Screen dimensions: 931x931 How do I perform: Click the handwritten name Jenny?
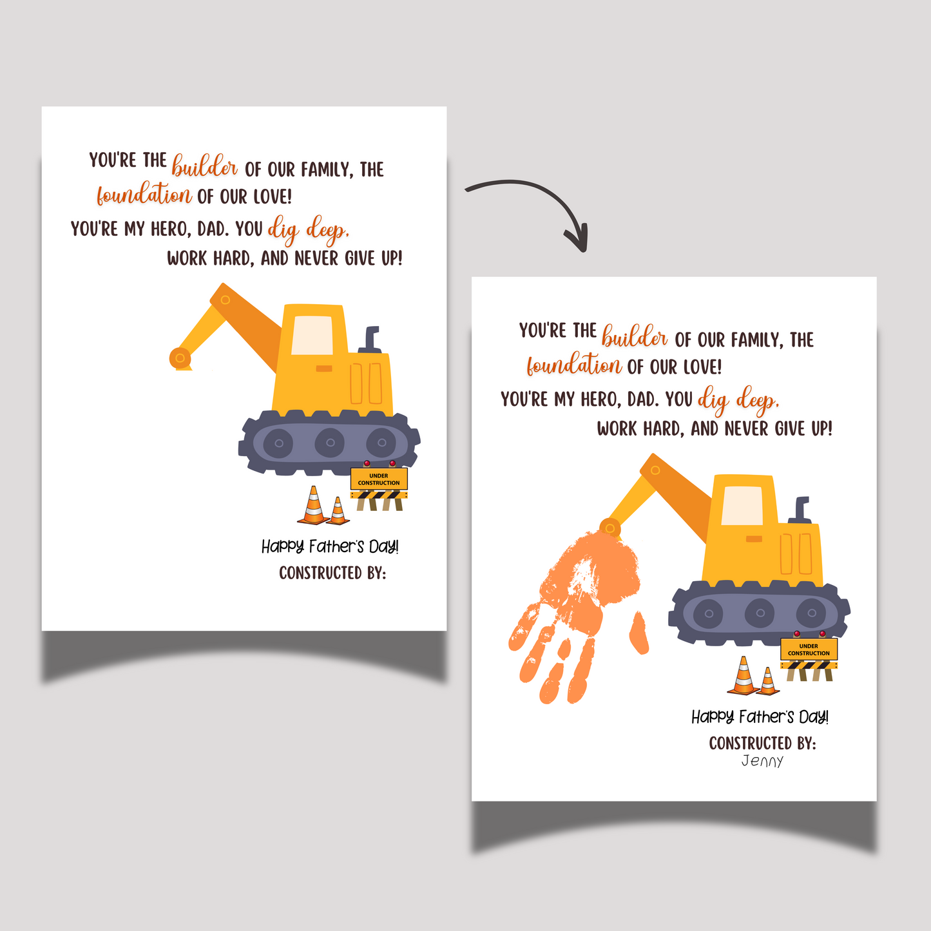click(762, 762)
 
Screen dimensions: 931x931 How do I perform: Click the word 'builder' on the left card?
click(205, 166)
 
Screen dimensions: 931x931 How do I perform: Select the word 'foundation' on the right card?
click(574, 364)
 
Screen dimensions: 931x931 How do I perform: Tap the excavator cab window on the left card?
click(312, 335)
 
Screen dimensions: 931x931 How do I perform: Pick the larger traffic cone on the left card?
click(314, 505)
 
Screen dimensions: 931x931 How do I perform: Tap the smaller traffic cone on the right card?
click(768, 681)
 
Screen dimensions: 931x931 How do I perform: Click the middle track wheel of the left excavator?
click(329, 443)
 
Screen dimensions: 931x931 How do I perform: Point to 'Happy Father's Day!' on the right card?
click(760, 717)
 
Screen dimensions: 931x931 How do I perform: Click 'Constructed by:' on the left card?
click(332, 573)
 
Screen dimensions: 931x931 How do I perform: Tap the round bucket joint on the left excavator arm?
click(180, 358)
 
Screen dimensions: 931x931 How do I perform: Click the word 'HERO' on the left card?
click(168, 229)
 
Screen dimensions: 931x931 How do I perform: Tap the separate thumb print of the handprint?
click(638, 633)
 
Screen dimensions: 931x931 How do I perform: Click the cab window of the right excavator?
click(742, 505)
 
